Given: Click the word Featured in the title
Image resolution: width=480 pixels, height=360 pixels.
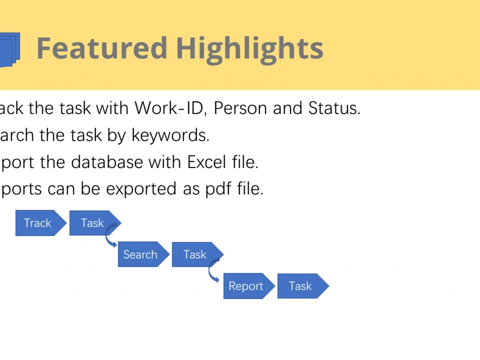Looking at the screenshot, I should click(x=102, y=48).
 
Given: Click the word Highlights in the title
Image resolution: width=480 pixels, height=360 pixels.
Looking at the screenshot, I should click(x=249, y=48).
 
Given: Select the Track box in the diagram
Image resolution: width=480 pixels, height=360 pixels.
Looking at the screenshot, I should click(x=38, y=223).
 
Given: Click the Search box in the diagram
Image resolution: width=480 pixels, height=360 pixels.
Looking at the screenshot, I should click(x=140, y=254).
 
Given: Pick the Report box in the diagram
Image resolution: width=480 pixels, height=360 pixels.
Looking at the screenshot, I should click(x=246, y=286).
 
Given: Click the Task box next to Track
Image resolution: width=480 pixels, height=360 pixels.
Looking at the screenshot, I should click(x=92, y=223).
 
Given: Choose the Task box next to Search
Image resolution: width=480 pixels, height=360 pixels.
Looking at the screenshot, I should click(x=194, y=254).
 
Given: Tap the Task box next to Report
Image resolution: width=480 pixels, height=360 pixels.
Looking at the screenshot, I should click(x=300, y=286).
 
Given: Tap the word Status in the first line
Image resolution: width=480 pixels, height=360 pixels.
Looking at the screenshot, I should click(x=334, y=108).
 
